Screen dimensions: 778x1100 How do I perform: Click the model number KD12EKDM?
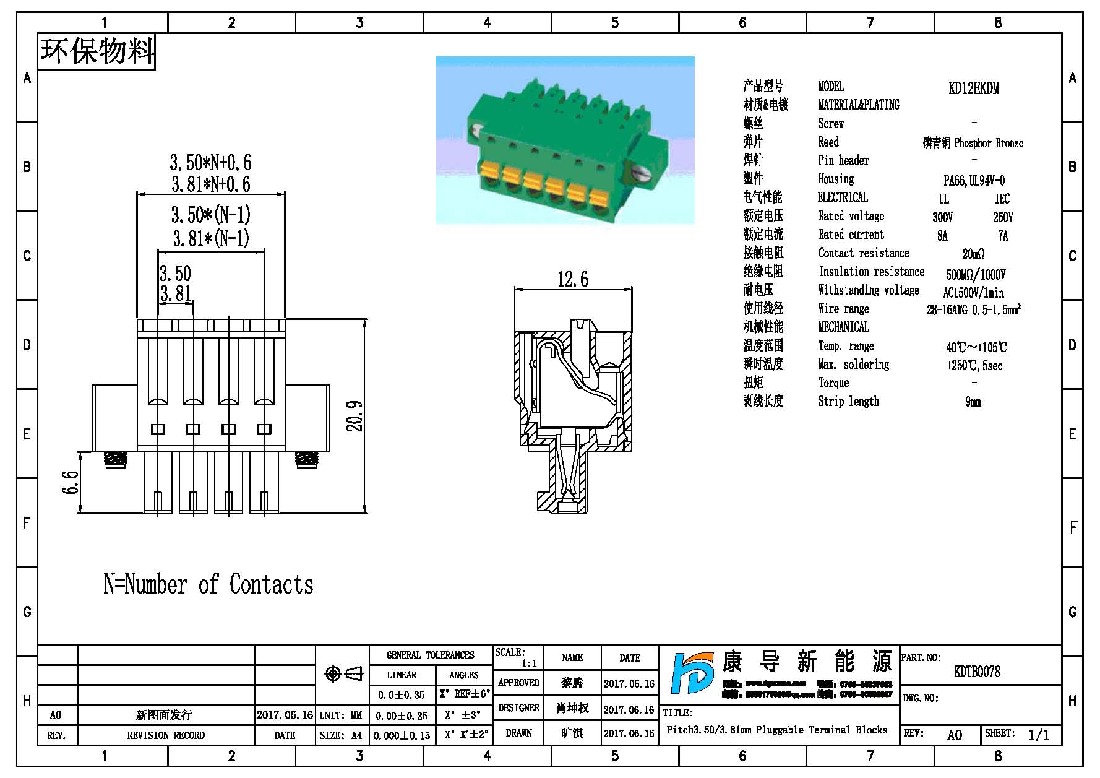[973, 88]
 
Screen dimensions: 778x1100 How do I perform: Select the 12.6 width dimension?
[572, 279]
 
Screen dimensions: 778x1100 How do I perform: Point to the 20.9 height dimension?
[355, 415]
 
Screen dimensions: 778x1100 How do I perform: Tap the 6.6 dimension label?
[71, 482]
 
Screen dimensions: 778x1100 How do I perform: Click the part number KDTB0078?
[977, 672]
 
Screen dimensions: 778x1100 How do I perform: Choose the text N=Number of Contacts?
[208, 584]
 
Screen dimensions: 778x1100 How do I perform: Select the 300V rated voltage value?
[942, 217]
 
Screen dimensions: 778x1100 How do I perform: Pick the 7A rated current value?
[1003, 236]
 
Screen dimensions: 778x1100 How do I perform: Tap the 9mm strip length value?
[973, 402]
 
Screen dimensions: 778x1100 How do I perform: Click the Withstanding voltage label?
[868, 290]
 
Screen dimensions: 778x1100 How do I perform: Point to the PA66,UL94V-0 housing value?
[974, 181]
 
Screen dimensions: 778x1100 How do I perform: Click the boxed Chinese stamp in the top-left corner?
[97, 51]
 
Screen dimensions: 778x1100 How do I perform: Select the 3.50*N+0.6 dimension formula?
[210, 163]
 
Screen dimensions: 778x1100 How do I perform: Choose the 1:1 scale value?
[528, 663]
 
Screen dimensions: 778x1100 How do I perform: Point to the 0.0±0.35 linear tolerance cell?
[402, 695]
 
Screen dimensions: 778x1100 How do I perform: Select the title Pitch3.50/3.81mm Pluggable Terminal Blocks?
[776, 730]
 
